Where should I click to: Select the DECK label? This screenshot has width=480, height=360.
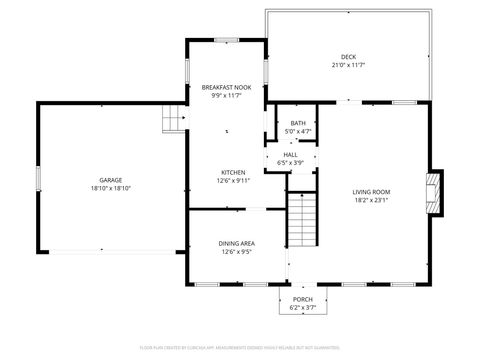point(348,57)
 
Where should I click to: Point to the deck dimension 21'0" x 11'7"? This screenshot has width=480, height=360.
point(348,65)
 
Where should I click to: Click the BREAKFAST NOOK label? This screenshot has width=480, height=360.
point(226,87)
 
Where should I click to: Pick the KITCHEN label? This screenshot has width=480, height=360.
point(233,172)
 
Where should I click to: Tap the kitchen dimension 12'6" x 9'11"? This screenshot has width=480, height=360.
point(233,180)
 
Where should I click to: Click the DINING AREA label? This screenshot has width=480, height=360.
point(236,243)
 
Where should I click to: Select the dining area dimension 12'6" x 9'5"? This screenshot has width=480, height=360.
point(236,251)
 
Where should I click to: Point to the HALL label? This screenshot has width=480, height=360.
point(290,155)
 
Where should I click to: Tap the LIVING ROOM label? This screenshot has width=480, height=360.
point(371,192)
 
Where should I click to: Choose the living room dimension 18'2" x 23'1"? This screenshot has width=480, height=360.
point(371,200)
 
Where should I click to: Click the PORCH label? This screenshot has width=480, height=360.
point(302,299)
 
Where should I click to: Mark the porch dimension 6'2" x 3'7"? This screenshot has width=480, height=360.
point(302,307)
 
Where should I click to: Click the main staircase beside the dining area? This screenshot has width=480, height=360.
point(302,221)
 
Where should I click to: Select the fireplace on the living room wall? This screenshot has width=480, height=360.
point(433,191)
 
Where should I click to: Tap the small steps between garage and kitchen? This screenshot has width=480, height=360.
point(175,120)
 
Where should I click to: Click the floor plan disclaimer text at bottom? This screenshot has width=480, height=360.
point(240,347)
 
